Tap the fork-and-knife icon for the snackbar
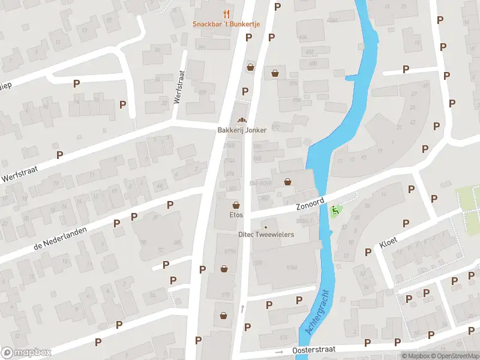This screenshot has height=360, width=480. pyautogui.click(x=226, y=13)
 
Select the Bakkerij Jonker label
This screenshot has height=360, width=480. pyautogui.click(x=242, y=130)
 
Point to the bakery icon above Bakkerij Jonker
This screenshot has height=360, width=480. pyautogui.click(x=242, y=119)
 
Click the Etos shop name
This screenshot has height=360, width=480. pyautogui.click(x=236, y=214)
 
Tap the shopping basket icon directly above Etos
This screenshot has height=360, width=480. pyautogui.click(x=236, y=204)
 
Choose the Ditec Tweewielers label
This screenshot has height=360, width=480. pyautogui.click(x=266, y=235)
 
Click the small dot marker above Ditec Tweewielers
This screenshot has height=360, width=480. pyautogui.click(x=266, y=227)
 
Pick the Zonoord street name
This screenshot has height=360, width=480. pyautogui.click(x=310, y=203)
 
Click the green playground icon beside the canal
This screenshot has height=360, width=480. pyautogui.click(x=335, y=211)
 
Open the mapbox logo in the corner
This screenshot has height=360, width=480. pyautogui.click(x=26, y=353)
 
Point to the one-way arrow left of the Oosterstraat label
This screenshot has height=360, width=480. pyautogui.click(x=279, y=352)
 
